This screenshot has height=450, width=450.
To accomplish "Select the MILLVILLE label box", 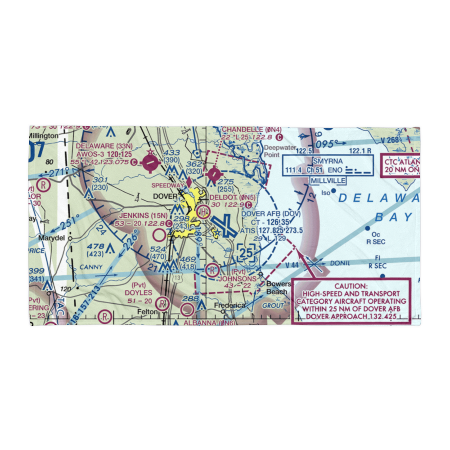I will click(328, 180).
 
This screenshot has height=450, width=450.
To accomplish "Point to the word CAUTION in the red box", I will click(351, 286).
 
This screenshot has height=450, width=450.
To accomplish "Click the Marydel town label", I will click(51, 238).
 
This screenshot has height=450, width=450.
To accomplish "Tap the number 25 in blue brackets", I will click(246, 253).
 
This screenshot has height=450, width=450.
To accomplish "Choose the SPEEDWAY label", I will click(167, 185).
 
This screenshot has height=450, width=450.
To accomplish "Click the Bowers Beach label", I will click(276, 288).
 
